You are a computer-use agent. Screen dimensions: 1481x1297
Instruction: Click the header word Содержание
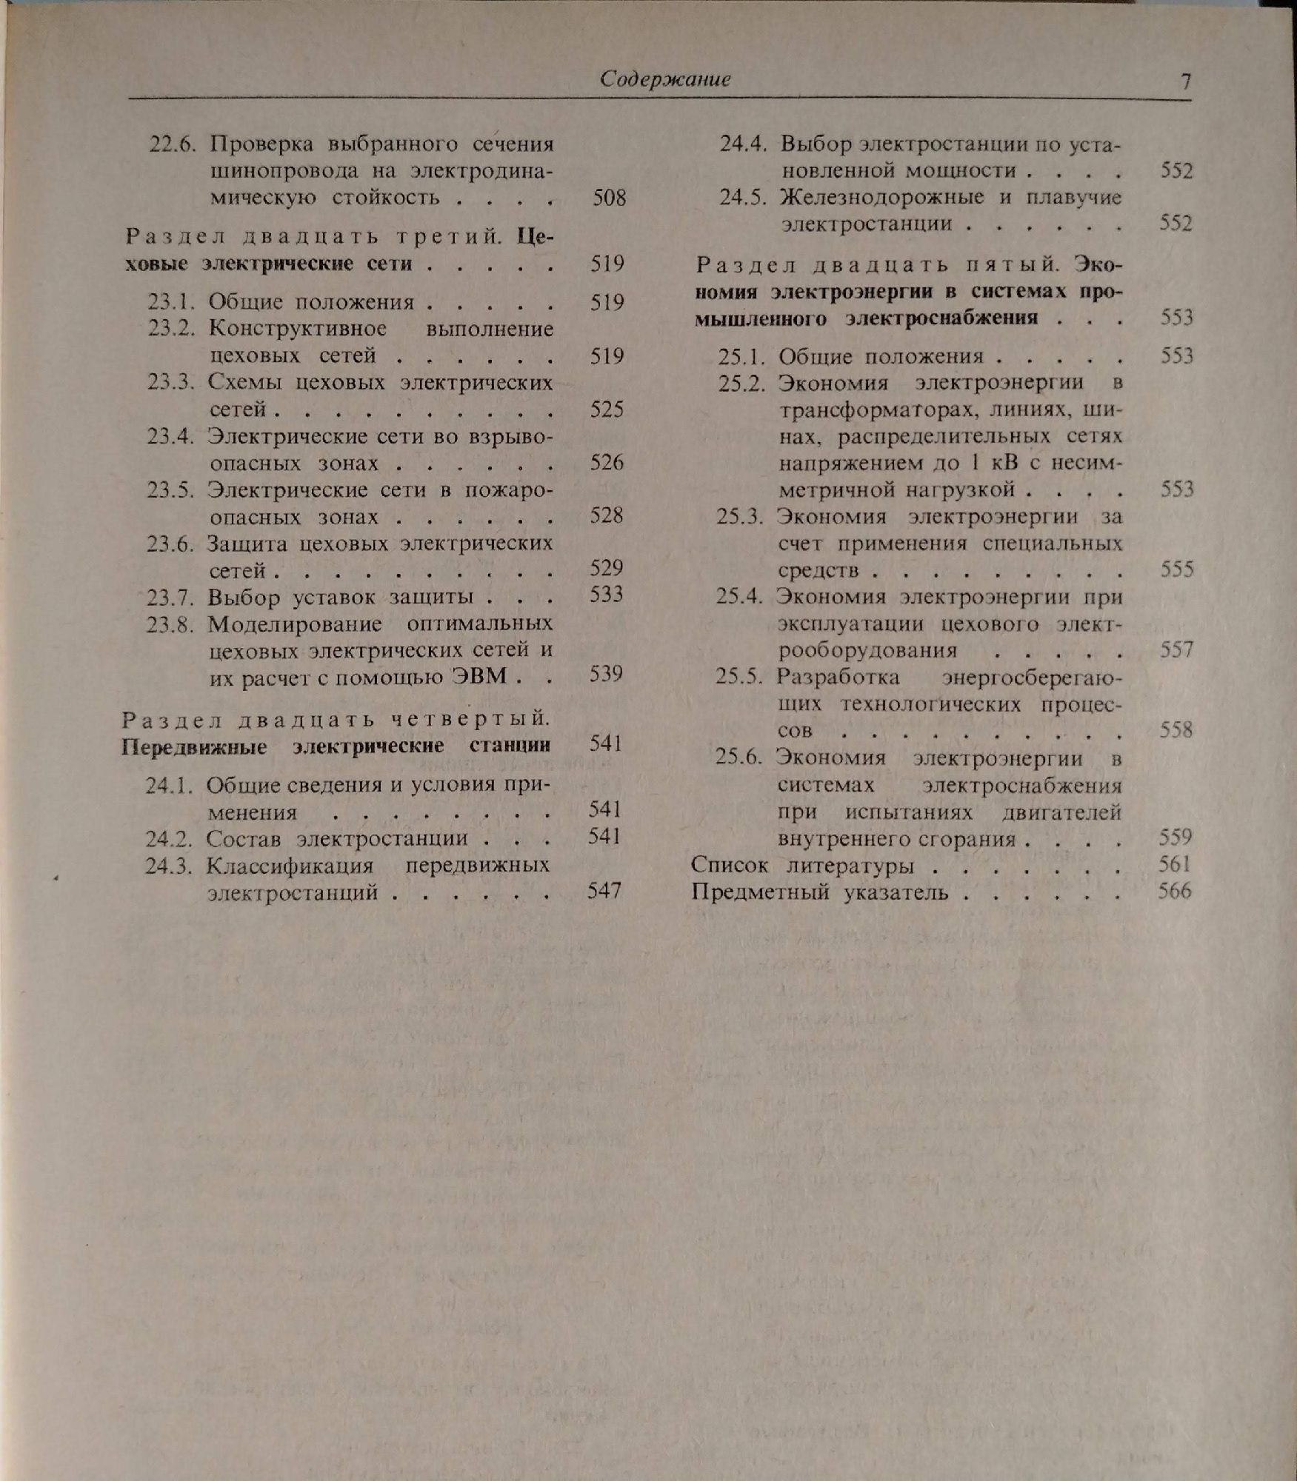click(x=664, y=79)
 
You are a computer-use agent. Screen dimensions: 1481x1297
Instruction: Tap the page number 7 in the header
click(x=1185, y=81)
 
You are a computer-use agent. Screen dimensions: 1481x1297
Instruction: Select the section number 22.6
click(x=173, y=143)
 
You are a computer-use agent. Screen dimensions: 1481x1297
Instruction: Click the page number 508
click(x=609, y=198)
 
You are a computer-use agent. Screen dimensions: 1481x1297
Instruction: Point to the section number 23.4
click(x=170, y=436)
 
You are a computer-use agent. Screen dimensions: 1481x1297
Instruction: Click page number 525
click(x=607, y=409)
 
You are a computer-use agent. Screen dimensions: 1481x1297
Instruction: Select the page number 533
click(x=607, y=595)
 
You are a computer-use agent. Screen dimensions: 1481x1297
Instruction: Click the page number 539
click(x=606, y=675)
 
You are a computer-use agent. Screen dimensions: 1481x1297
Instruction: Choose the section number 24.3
click(x=168, y=865)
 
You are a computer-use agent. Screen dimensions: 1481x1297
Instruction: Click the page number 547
click(x=604, y=891)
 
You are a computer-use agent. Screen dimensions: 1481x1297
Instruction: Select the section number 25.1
click(x=741, y=357)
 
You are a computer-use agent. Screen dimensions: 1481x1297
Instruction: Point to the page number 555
click(x=1177, y=569)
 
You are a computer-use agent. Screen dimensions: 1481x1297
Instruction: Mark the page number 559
click(x=1176, y=838)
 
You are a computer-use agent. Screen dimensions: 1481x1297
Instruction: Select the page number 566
click(x=1175, y=891)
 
